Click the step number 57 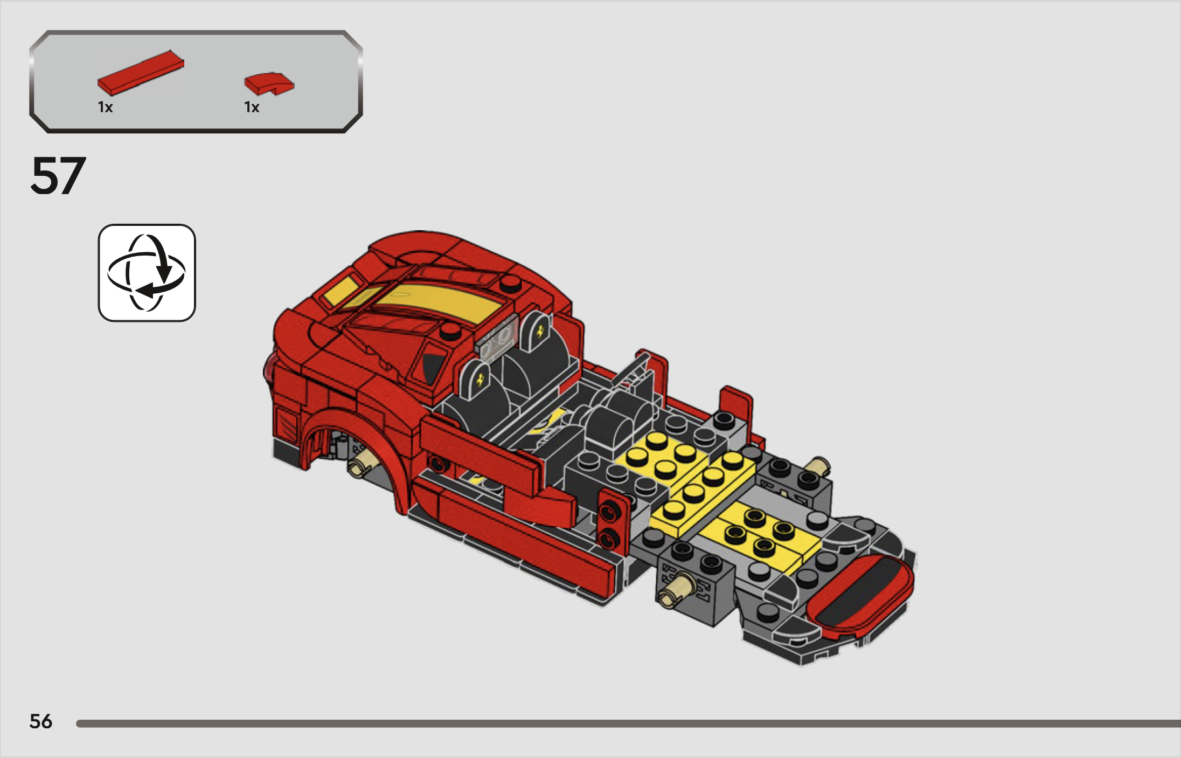(x=58, y=176)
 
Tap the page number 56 (x=41, y=721)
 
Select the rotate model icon (x=147, y=273)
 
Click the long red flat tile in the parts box (x=141, y=73)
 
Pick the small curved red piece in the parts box (x=269, y=84)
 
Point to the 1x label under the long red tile (x=105, y=107)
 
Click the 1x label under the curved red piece (x=252, y=107)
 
